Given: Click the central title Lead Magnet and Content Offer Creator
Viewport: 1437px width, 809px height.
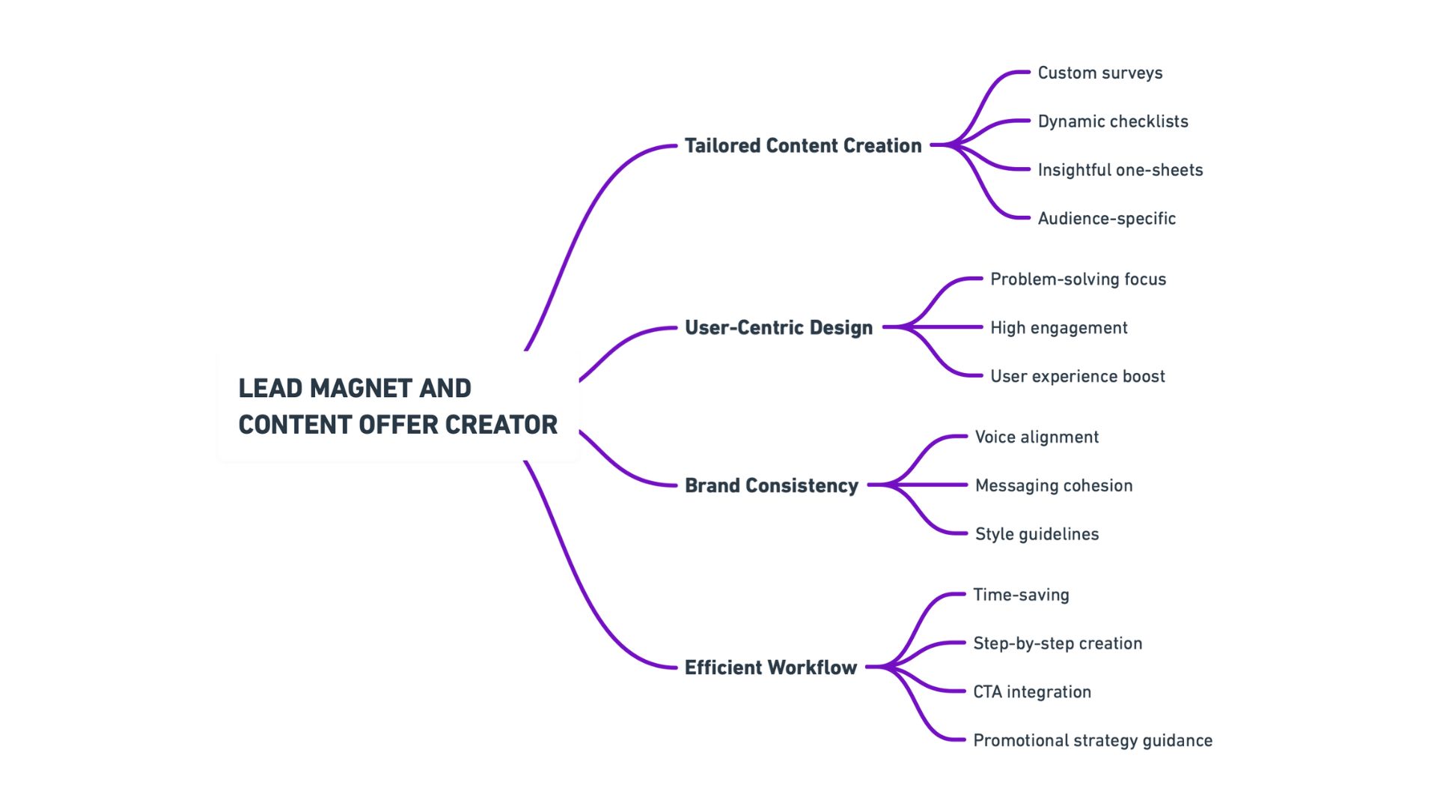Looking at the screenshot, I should [397, 406].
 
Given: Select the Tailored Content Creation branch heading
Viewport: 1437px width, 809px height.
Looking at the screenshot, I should [803, 145].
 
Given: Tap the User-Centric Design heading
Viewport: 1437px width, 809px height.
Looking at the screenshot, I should [778, 327].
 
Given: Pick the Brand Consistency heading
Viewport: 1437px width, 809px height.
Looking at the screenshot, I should [771, 485].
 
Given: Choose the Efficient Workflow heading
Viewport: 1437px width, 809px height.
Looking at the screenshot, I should [770, 667].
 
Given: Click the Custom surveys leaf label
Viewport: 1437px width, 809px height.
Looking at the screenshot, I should [1099, 73].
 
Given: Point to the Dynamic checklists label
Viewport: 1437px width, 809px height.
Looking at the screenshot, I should [1112, 121].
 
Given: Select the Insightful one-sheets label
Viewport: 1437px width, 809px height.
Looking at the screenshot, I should [1120, 170].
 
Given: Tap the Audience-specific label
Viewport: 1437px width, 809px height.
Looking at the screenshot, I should [1106, 219].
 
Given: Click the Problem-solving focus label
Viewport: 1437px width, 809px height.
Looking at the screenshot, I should [1078, 279].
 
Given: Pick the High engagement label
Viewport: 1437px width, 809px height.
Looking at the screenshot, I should [1058, 328].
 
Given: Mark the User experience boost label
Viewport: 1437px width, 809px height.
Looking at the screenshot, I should [1077, 376].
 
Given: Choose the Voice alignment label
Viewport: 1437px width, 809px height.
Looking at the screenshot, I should [1037, 437].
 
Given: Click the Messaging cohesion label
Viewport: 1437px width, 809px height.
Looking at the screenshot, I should [1053, 485].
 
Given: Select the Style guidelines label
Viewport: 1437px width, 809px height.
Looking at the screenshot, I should [1037, 534].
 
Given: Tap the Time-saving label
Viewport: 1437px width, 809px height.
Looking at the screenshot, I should [1021, 595].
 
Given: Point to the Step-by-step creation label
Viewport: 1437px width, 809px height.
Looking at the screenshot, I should [1057, 643].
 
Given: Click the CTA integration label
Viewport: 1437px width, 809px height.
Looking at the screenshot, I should [1031, 692].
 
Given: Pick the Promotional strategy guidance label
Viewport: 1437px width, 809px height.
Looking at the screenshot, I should [1092, 741].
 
